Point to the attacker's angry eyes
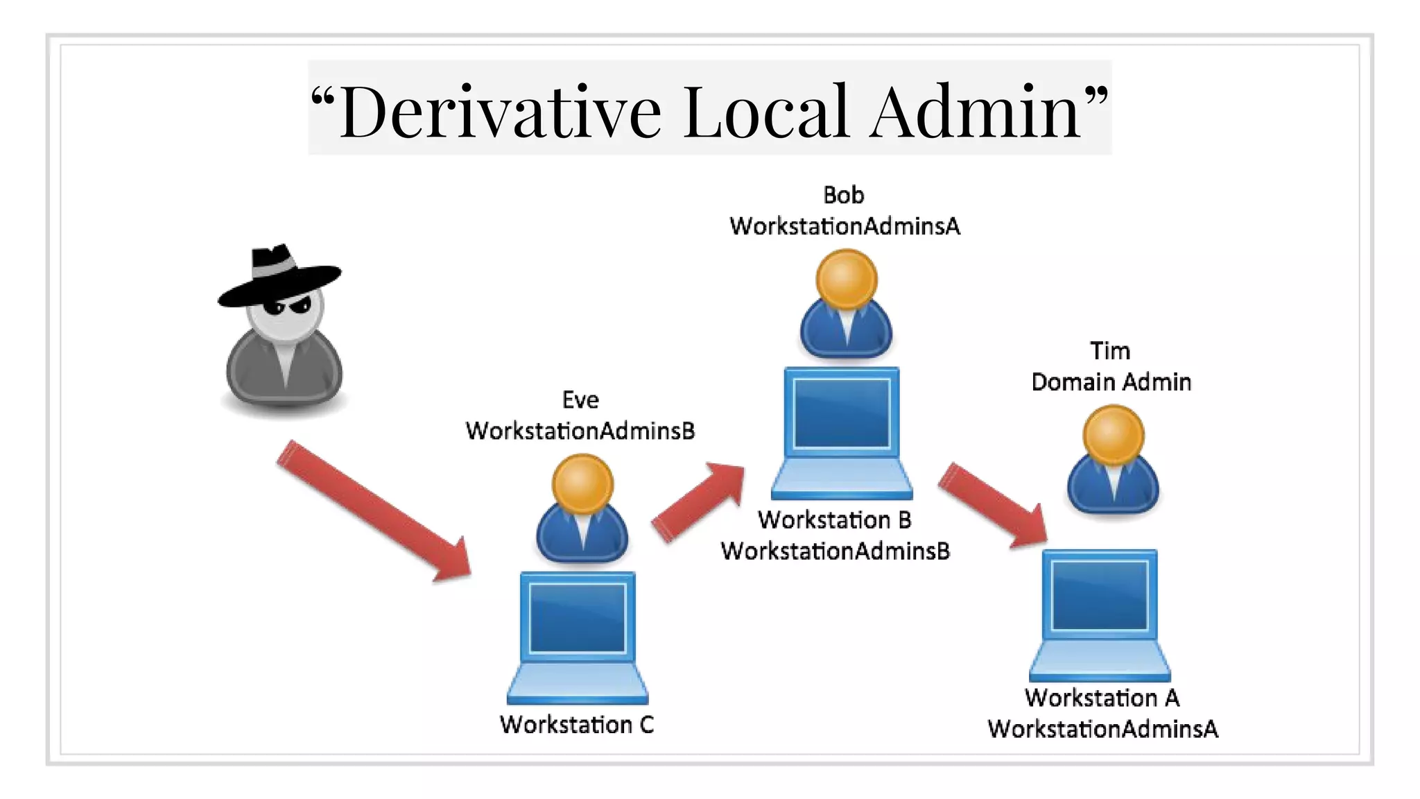point(287,306)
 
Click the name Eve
point(580,400)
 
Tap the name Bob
point(843,196)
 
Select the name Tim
point(1109,351)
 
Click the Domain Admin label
point(1111,382)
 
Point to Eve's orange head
point(582,483)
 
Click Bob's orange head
point(846,279)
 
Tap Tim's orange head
point(1113,435)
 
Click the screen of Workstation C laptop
point(578,618)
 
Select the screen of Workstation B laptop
point(841,413)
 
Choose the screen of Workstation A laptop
point(1100,595)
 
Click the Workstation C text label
point(577,725)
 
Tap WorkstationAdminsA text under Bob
point(845,227)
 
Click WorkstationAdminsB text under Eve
point(580,431)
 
